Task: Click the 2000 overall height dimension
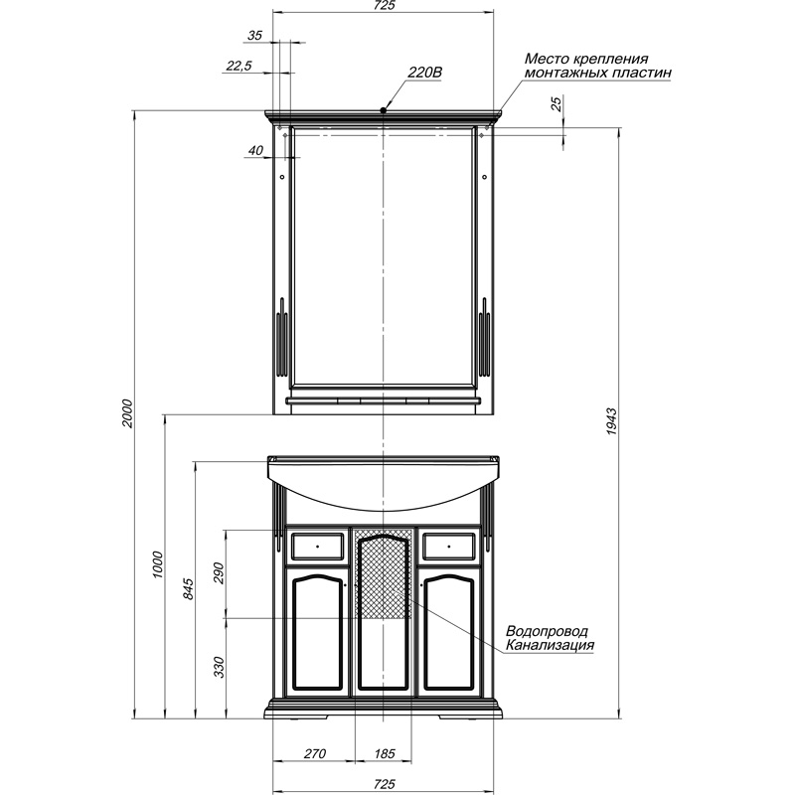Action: click(x=127, y=413)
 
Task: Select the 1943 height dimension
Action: click(x=611, y=420)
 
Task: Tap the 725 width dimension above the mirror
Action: click(x=384, y=5)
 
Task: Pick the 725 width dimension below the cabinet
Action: click(x=384, y=784)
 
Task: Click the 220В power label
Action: click(x=425, y=73)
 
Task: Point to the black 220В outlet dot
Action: click(x=384, y=109)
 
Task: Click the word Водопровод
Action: click(x=548, y=631)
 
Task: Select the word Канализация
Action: click(x=550, y=645)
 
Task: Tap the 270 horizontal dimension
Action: click(x=314, y=754)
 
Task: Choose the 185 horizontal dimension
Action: click(x=384, y=754)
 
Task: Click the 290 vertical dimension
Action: click(x=219, y=573)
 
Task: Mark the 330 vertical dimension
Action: click(x=219, y=667)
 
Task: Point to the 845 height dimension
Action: click(x=188, y=588)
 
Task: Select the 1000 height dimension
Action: click(x=158, y=565)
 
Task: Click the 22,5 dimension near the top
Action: click(x=238, y=66)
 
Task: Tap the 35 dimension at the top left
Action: click(x=254, y=36)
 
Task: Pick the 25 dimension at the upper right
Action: click(x=556, y=104)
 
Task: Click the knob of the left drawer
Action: click(x=317, y=547)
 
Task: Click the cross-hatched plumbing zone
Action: click(x=384, y=573)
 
